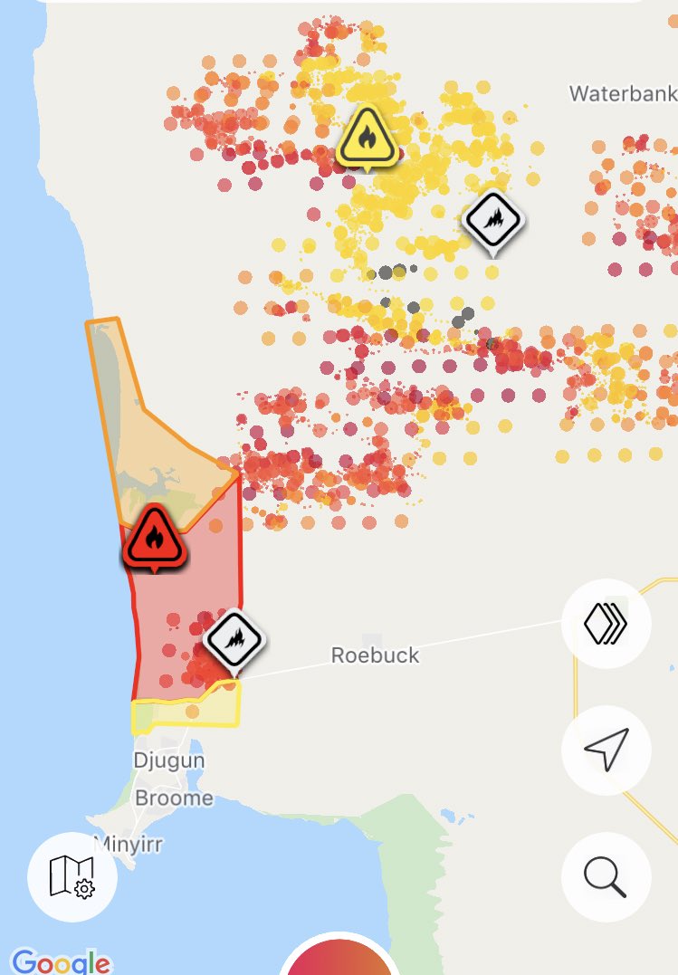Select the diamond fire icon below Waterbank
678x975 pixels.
[493, 220]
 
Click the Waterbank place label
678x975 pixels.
[623, 93]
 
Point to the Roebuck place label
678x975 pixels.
[375, 655]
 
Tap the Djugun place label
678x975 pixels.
[168, 760]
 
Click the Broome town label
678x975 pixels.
[174, 798]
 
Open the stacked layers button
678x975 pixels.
[606, 625]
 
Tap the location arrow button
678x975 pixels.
[606, 750]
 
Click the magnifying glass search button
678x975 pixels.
[606, 876]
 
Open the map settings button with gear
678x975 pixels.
[72, 876]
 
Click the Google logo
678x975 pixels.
[61, 961]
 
